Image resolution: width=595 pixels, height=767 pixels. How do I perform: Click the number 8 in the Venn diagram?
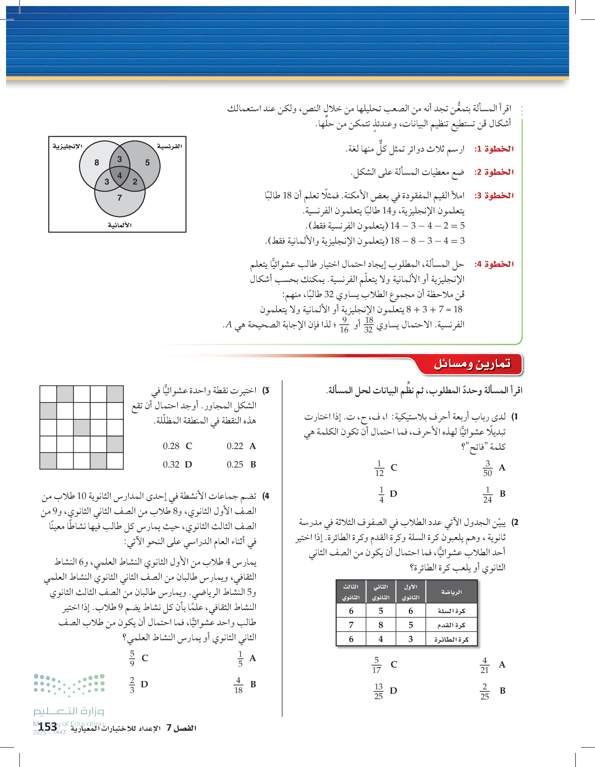(96, 163)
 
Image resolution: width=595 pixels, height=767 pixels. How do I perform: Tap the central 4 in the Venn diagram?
(119, 175)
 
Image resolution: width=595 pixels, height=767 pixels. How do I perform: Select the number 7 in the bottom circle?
(119, 198)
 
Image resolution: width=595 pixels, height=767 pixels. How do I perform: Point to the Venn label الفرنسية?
(169, 146)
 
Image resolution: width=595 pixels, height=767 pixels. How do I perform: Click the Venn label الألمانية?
(119, 225)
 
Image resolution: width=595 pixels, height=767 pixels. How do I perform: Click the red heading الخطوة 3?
(494, 196)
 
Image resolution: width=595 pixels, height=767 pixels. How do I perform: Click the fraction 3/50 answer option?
(487, 468)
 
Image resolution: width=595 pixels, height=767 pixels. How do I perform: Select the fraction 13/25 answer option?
(378, 691)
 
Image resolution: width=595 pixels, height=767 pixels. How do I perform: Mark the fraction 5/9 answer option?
(132, 658)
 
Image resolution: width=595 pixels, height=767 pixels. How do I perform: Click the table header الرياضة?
(451, 592)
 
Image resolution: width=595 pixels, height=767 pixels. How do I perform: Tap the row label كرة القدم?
(451, 625)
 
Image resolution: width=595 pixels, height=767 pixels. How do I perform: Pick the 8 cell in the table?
(381, 625)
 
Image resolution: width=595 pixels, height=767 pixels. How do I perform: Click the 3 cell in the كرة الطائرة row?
(410, 639)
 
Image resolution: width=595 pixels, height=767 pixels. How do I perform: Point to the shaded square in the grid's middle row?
(81, 428)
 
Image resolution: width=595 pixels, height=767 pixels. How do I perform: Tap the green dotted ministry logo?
(69, 685)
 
